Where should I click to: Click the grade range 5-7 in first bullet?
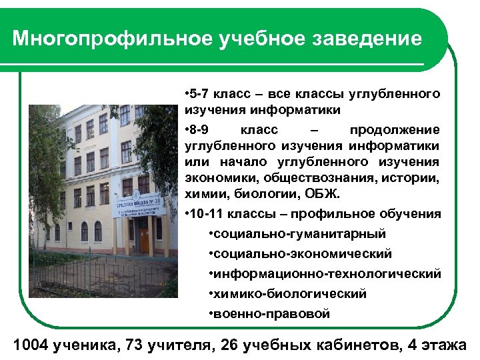point(199,91)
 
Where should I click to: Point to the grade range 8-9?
point(199,129)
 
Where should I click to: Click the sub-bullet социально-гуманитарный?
point(299,234)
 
